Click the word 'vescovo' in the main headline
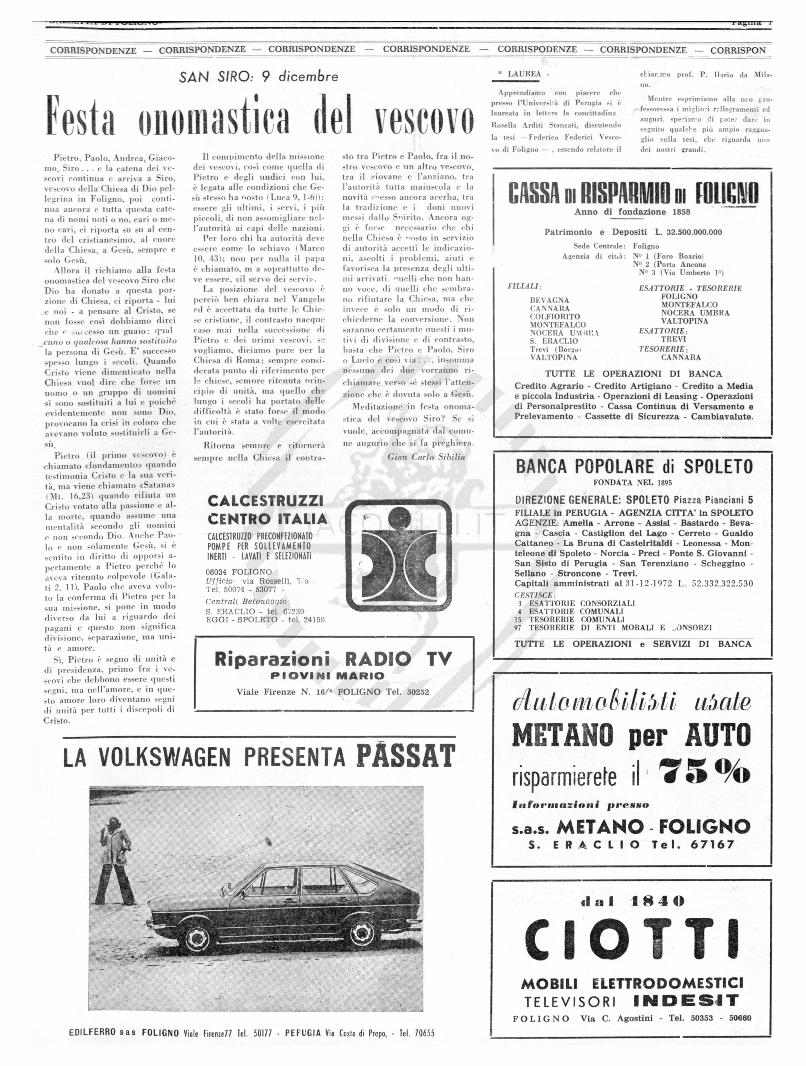click(425, 116)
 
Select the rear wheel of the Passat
click(362, 934)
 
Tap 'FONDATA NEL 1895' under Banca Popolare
click(633, 482)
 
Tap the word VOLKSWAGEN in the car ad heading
click(164, 757)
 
